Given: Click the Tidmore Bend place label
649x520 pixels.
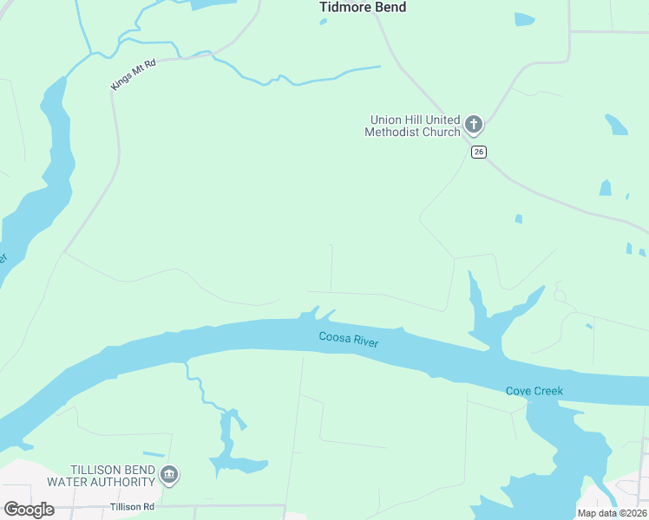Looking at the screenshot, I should (363, 8).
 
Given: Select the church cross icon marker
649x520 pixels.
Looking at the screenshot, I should (474, 125).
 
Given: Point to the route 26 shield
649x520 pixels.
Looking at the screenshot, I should (479, 152).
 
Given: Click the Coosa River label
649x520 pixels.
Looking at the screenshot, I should (348, 340).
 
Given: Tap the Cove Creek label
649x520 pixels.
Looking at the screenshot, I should (534, 392).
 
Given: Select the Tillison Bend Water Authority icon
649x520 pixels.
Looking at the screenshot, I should (170, 474).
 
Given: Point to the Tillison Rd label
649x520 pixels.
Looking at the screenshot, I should (132, 507).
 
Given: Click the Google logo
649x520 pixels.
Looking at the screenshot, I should (29, 510).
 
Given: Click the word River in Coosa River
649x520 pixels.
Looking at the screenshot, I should (364, 342).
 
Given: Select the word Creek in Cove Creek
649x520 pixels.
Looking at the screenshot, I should (548, 392).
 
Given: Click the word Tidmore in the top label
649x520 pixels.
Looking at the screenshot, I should (345, 8).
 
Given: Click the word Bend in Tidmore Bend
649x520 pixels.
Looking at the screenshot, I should (390, 8).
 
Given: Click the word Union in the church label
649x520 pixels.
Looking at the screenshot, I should (385, 120).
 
